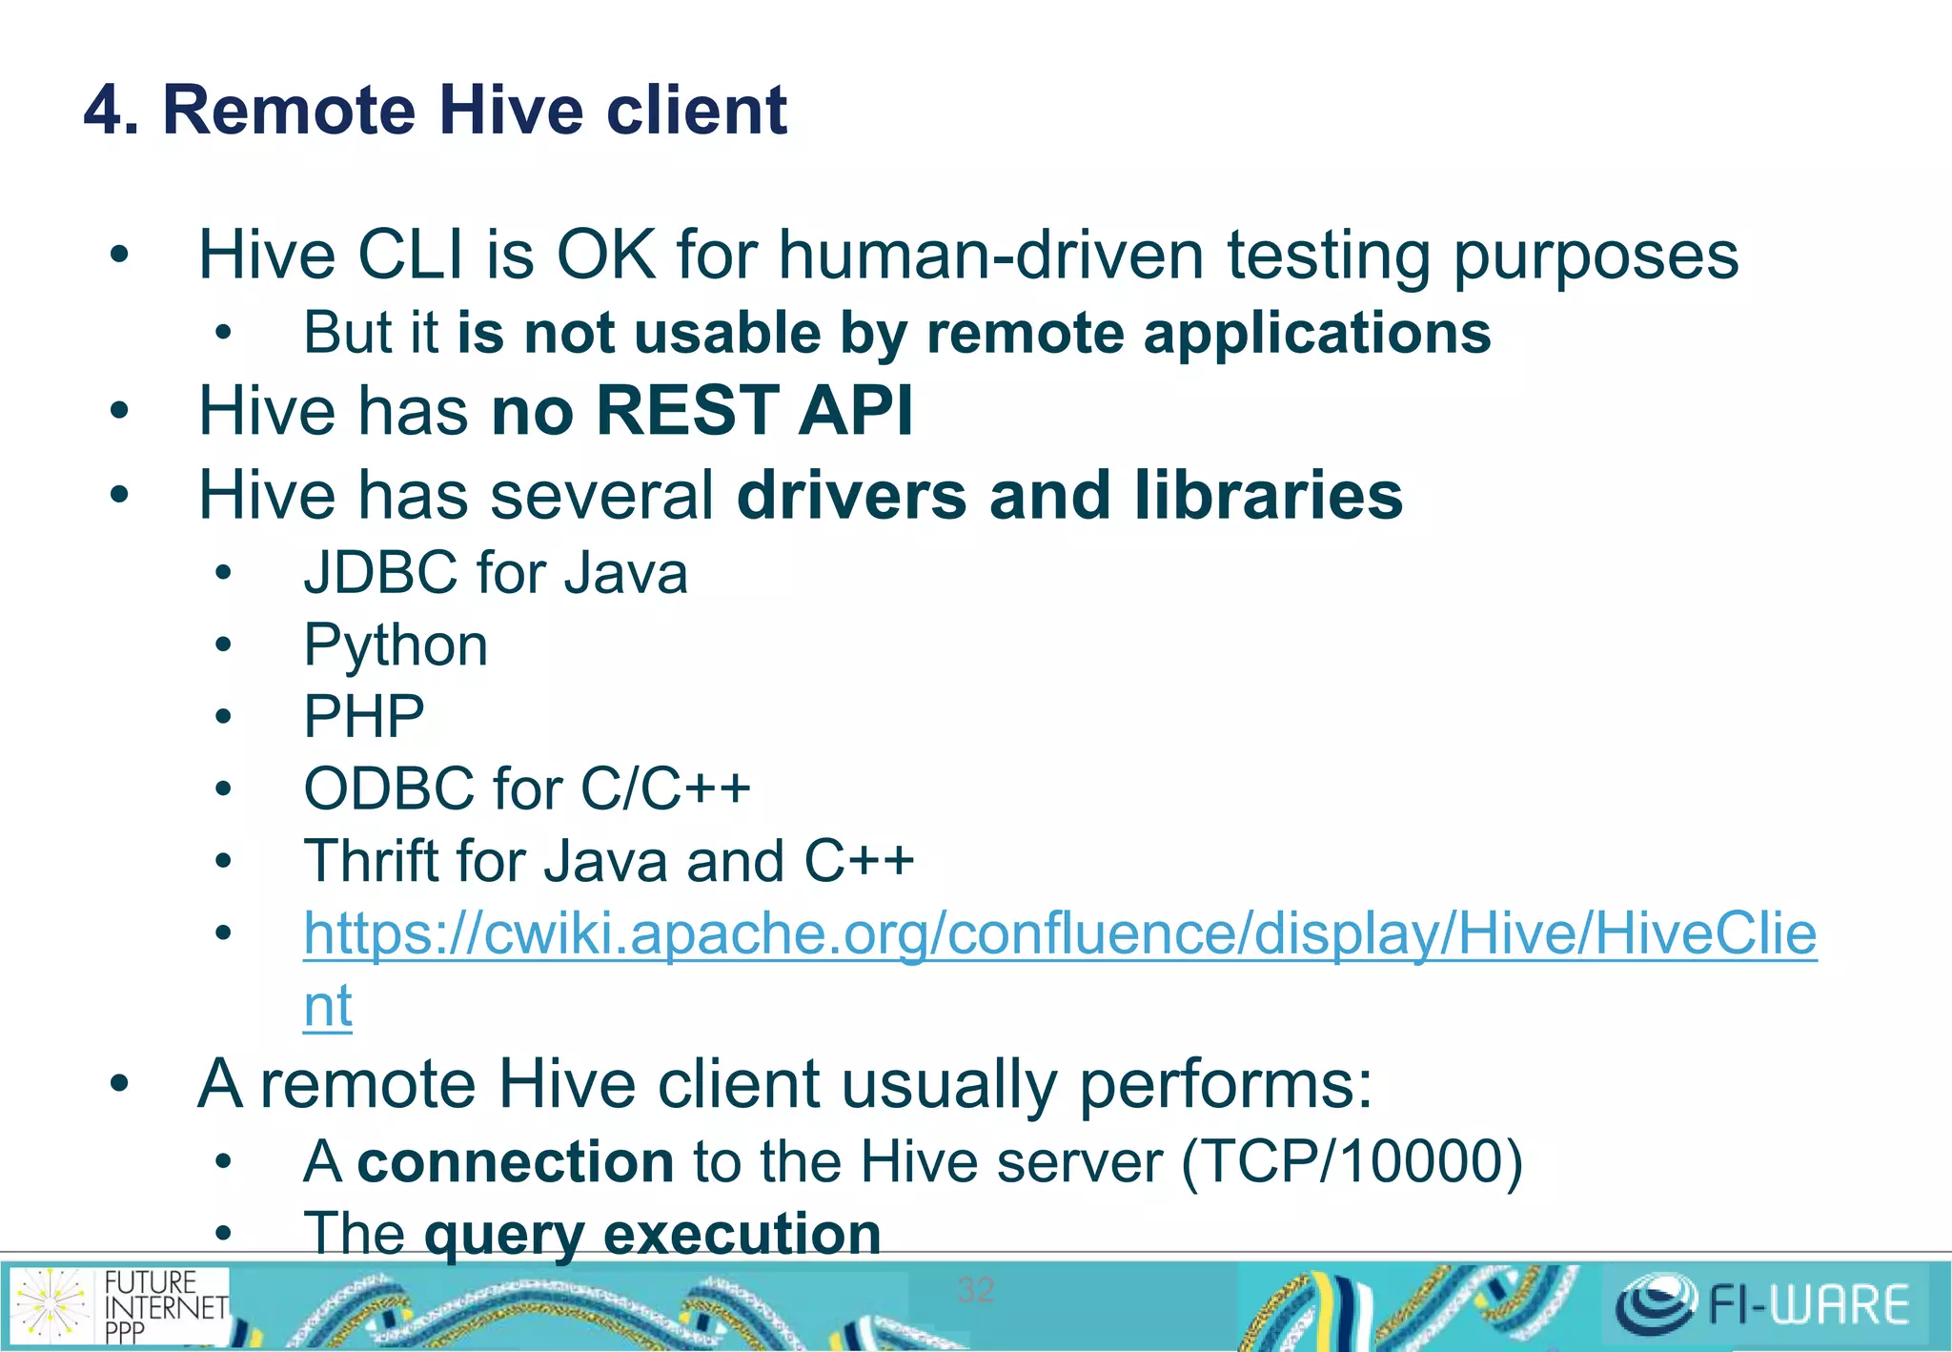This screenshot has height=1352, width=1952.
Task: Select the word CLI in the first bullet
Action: pyautogui.click(x=411, y=256)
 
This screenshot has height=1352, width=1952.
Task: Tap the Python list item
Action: pyautogui.click(x=396, y=646)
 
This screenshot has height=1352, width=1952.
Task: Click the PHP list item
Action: pyautogui.click(x=364, y=717)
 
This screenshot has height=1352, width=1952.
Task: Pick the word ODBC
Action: pyautogui.click(x=388, y=789)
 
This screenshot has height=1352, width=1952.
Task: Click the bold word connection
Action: pyautogui.click(x=516, y=1162)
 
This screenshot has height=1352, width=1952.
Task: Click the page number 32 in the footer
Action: pyautogui.click(x=975, y=1290)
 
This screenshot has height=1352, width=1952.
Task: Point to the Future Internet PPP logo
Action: pyautogui.click(x=119, y=1305)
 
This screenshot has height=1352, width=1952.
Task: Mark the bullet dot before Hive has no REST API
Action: pyautogui.click(x=119, y=412)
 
